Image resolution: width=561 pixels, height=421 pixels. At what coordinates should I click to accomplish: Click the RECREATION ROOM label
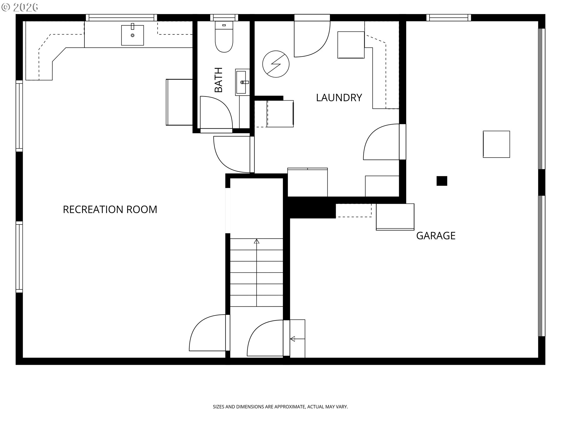110,210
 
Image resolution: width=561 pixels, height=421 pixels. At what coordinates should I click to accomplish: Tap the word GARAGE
436,236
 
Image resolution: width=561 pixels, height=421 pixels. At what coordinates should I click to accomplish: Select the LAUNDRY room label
339,98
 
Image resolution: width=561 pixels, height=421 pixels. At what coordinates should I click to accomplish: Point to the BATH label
219,80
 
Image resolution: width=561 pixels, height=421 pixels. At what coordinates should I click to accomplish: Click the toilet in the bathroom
224,37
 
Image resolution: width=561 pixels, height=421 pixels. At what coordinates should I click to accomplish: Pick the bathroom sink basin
242,82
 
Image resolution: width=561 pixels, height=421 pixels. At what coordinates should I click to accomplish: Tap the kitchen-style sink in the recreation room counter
133,35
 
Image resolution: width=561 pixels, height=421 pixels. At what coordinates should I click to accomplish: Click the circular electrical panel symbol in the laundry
276,64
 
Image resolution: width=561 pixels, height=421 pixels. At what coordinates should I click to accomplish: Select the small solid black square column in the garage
442,181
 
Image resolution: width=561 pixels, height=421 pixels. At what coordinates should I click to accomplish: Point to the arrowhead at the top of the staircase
257,241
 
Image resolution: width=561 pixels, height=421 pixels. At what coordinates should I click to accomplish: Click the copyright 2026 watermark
20,7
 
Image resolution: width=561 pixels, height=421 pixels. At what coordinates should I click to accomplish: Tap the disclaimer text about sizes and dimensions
280,407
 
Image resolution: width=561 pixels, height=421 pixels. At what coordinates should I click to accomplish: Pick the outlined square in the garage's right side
496,144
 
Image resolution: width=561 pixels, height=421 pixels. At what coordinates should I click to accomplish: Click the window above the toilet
224,18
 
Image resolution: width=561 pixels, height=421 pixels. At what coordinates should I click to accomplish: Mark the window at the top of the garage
449,18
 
